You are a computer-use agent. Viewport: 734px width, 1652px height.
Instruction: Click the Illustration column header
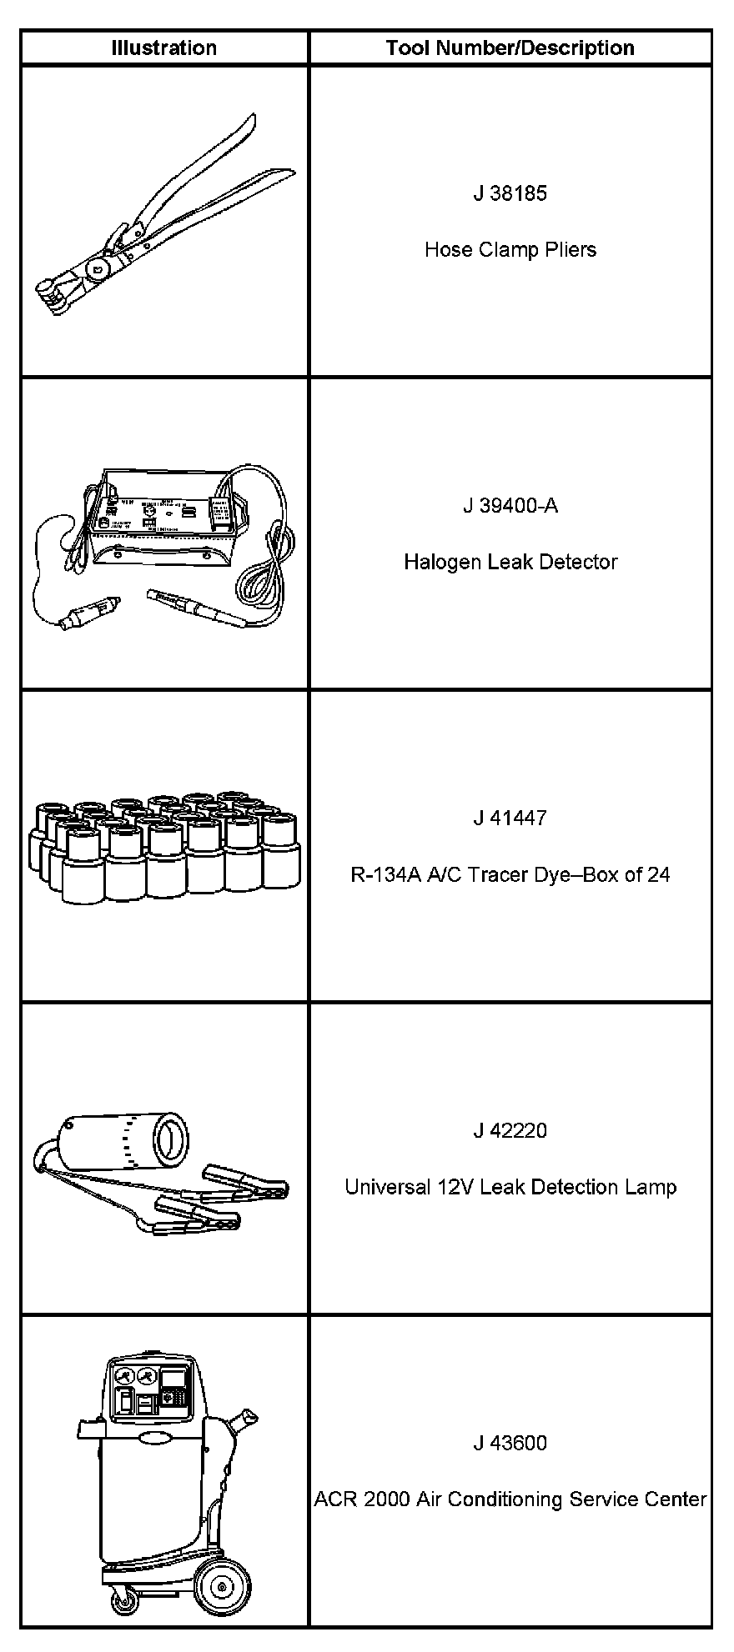tap(164, 48)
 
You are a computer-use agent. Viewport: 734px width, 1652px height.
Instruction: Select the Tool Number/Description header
tap(510, 48)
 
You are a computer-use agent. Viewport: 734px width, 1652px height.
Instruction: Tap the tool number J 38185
tap(510, 193)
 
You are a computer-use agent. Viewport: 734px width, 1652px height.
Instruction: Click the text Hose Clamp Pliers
tap(510, 249)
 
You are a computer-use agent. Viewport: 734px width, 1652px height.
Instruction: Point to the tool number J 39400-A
tap(510, 506)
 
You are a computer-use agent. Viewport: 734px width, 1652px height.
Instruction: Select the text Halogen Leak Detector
tap(510, 562)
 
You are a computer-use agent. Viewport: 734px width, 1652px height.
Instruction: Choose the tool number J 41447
tap(510, 818)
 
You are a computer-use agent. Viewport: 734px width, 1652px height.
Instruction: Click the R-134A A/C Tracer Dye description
tap(510, 874)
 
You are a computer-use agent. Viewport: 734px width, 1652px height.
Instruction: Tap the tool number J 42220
tap(510, 1130)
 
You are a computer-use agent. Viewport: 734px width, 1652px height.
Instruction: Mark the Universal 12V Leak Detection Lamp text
tap(510, 1187)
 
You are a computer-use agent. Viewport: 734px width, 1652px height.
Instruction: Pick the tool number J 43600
tap(510, 1443)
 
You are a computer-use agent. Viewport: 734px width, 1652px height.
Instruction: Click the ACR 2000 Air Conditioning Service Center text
tap(510, 1499)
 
